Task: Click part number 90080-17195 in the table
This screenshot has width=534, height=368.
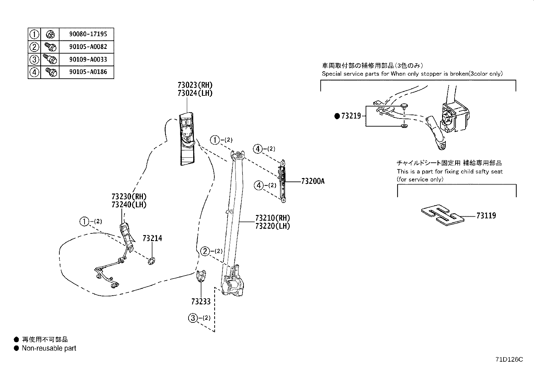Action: click(x=88, y=34)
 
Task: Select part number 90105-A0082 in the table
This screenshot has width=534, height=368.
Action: click(x=88, y=47)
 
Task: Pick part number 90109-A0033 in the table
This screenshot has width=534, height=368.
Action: click(x=88, y=59)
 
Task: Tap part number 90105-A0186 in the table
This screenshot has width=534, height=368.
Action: click(x=88, y=72)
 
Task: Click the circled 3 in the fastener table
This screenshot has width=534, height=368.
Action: click(x=34, y=59)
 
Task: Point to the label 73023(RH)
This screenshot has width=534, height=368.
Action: click(x=195, y=85)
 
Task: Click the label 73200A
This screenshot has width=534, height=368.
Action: click(x=313, y=181)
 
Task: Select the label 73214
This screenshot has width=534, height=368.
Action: click(x=152, y=238)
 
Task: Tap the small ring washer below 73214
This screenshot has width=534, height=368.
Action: click(x=152, y=261)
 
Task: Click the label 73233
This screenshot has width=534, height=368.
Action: click(x=201, y=302)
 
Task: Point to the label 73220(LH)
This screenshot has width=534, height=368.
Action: click(x=272, y=226)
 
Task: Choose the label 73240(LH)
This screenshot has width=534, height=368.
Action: click(x=129, y=205)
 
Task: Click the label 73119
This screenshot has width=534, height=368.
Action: click(x=486, y=216)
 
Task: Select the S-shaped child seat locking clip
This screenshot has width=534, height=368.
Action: click(x=442, y=215)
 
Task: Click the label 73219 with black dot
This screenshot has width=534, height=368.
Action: click(x=348, y=116)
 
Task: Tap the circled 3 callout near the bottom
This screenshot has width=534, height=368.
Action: click(x=193, y=318)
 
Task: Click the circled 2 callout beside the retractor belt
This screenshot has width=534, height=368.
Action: click(x=205, y=251)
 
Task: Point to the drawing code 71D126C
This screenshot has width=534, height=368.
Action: click(x=509, y=360)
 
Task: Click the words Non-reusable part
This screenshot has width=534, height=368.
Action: click(x=49, y=348)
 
